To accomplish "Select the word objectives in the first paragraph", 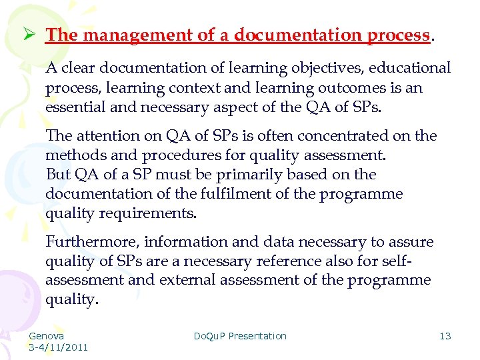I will pyautogui.click(x=320, y=68).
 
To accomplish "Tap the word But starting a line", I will pyautogui.click(x=58, y=175).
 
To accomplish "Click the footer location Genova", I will pyautogui.click(x=46, y=336).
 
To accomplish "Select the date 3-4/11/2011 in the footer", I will pyautogui.click(x=58, y=347).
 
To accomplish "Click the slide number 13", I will pyautogui.click(x=445, y=336).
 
